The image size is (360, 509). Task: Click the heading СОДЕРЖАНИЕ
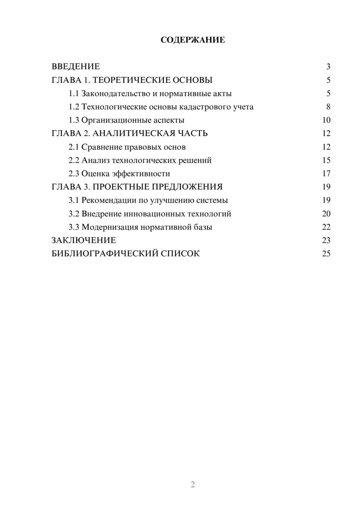coord(193,40)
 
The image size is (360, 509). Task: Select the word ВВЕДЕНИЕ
coord(76,67)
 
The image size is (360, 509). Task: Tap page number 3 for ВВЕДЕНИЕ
coord(328,67)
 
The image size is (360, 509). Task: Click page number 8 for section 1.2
coord(328,107)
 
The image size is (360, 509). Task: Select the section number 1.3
coord(74,120)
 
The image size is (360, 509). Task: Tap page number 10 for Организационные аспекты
coord(326,120)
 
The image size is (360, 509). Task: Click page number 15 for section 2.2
coord(326,160)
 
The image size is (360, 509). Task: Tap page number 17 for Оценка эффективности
coord(326,174)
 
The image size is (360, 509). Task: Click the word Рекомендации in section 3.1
coord(109,200)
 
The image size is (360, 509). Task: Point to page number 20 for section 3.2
coord(326,213)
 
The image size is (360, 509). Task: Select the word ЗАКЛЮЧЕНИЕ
coord(84,240)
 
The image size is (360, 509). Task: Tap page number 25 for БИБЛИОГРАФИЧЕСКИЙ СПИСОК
coord(326,253)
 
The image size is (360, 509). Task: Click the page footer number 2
coord(193,485)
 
